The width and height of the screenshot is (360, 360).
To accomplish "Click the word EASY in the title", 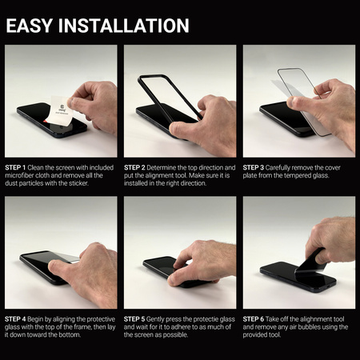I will pyautogui.click(x=30, y=25).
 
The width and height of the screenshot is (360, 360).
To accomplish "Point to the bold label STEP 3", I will pyautogui.click(x=257, y=167).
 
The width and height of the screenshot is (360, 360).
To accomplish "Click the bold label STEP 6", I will pyautogui.click(x=257, y=319).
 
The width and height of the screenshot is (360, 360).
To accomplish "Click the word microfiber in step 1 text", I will pyautogui.click(x=22, y=176).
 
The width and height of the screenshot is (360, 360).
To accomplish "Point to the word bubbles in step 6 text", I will pyautogui.click(x=317, y=328).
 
